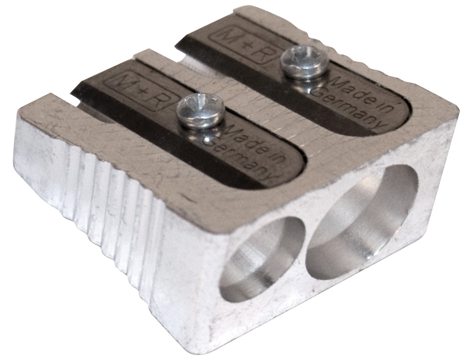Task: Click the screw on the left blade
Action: tap(200, 111)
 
